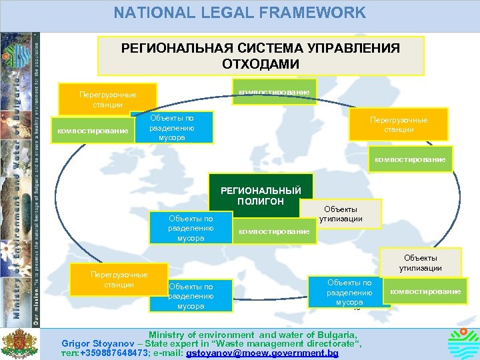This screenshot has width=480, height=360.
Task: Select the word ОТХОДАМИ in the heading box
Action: coord(260,64)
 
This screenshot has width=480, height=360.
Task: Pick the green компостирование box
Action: coord(274,231)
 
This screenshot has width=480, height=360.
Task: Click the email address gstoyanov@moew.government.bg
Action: coord(263,353)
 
